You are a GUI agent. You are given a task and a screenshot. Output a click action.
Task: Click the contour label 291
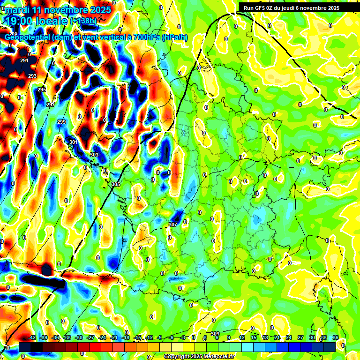coord(24,61)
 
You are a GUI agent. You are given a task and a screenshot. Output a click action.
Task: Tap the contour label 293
coord(32,76)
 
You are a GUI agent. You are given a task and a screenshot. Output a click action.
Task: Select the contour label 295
coord(42,90)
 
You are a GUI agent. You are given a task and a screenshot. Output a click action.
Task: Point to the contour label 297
coord(51,104)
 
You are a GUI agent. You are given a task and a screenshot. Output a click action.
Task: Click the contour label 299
coord(61,122)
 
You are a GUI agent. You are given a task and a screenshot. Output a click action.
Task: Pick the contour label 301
coord(73,142)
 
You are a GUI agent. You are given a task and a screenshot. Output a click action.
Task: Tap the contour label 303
coord(94,155)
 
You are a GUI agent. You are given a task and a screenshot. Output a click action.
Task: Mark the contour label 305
coord(116,184)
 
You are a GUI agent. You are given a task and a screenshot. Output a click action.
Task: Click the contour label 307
coord(173,225)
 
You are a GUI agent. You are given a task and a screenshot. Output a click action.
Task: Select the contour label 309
coord(215,334)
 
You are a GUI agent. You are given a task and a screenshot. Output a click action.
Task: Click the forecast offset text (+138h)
coord(83,21)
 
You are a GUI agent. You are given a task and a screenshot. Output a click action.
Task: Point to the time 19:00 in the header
coord(21,21)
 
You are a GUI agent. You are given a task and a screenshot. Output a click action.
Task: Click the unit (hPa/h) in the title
coord(174,37)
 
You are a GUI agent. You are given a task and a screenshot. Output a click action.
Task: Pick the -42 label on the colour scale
coord(32,338)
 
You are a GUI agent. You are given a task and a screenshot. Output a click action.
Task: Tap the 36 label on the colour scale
coord(336,338)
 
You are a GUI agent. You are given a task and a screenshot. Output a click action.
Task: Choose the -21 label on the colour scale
coord(114,338)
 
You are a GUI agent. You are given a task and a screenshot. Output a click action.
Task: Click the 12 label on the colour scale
coord(241,338)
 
